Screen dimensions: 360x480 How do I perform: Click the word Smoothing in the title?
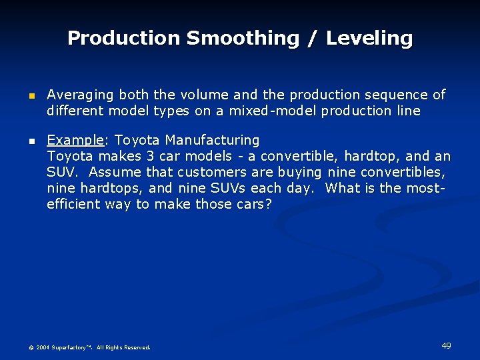[x=242, y=38]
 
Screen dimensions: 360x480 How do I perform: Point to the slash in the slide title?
[x=311, y=39]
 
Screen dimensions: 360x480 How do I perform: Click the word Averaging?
[x=79, y=95]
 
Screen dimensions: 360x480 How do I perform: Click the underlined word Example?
[x=75, y=141]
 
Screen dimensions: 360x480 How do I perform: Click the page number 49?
[x=446, y=345]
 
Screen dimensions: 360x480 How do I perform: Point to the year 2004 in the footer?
[x=43, y=347]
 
